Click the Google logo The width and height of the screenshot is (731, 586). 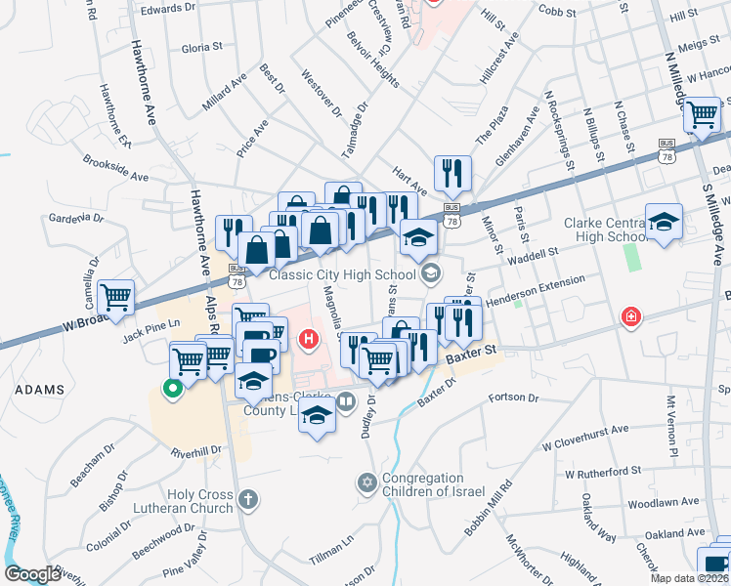[x=33, y=574]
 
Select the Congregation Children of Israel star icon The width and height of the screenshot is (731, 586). [x=367, y=482]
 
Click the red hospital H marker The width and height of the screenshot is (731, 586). [x=310, y=340]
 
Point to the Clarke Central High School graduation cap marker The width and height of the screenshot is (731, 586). [x=664, y=222]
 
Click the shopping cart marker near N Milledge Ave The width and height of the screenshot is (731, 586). [x=702, y=115]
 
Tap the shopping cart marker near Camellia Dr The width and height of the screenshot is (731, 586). [x=116, y=296]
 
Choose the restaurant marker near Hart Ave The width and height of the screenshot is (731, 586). [x=452, y=173]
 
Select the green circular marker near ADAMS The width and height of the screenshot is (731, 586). [x=174, y=389]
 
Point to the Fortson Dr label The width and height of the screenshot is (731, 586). [x=512, y=398]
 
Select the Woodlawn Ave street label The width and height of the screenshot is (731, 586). [x=664, y=502]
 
